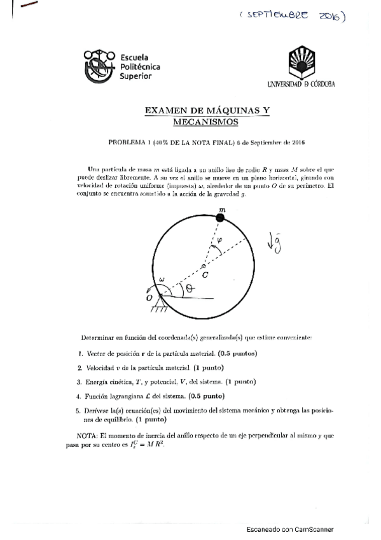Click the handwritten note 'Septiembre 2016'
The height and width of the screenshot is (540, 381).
pyautogui.click(x=293, y=17)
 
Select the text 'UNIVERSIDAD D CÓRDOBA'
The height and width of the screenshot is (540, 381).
pyautogui.click(x=301, y=84)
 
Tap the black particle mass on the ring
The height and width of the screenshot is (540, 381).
pyautogui.click(x=221, y=218)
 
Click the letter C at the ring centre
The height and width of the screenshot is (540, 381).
pyautogui.click(x=205, y=275)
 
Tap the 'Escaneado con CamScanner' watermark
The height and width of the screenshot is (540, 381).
pyautogui.click(x=290, y=529)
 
